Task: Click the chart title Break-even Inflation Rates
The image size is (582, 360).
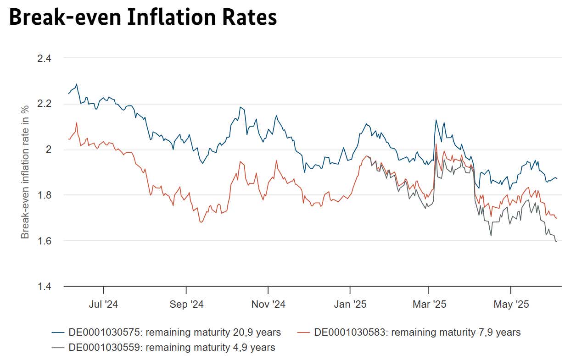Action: (x=143, y=17)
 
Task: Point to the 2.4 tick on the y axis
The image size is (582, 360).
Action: (x=45, y=58)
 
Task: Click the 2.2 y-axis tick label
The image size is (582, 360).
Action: (x=45, y=104)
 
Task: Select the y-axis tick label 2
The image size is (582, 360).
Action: (x=48, y=150)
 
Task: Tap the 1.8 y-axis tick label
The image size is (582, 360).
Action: (x=45, y=195)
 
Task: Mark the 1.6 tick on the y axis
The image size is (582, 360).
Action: (x=45, y=241)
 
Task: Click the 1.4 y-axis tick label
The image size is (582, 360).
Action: (x=45, y=286)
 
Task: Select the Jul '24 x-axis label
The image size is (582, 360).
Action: (x=104, y=304)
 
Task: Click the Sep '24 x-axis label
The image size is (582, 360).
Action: (x=186, y=304)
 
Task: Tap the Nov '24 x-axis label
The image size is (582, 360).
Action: (x=268, y=304)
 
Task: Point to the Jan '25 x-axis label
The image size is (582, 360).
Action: (x=350, y=304)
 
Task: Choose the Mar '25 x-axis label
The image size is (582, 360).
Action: (x=429, y=304)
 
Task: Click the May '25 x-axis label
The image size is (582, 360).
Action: (x=511, y=304)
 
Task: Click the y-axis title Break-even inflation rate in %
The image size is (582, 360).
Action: (x=25, y=172)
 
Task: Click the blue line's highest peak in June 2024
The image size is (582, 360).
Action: (x=77, y=84)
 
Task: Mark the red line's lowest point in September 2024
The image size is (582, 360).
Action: (x=201, y=222)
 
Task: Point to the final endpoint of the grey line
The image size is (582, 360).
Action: (x=557, y=242)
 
